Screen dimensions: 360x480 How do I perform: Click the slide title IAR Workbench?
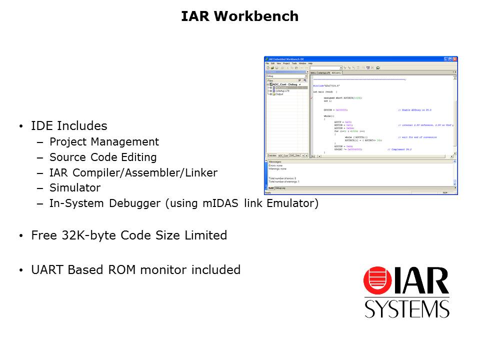[239, 16]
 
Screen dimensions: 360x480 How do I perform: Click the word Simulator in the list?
[74, 188]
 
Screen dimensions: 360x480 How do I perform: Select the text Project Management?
[104, 142]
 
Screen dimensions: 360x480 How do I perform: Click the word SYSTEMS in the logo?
[406, 308]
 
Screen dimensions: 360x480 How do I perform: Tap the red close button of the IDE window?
[455, 59]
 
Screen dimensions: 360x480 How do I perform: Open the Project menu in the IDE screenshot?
[286, 63]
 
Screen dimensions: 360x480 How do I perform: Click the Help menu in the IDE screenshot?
[310, 63]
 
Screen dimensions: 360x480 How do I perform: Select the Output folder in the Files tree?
[279, 94]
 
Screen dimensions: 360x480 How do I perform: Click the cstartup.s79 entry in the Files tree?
[282, 91]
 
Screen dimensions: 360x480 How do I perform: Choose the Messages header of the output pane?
[275, 162]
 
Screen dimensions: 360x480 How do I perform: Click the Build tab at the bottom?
[270, 188]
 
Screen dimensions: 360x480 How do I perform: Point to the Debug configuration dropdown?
[286, 76]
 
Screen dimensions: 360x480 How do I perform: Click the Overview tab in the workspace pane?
[271, 155]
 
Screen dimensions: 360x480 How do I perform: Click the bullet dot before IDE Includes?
[20, 126]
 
